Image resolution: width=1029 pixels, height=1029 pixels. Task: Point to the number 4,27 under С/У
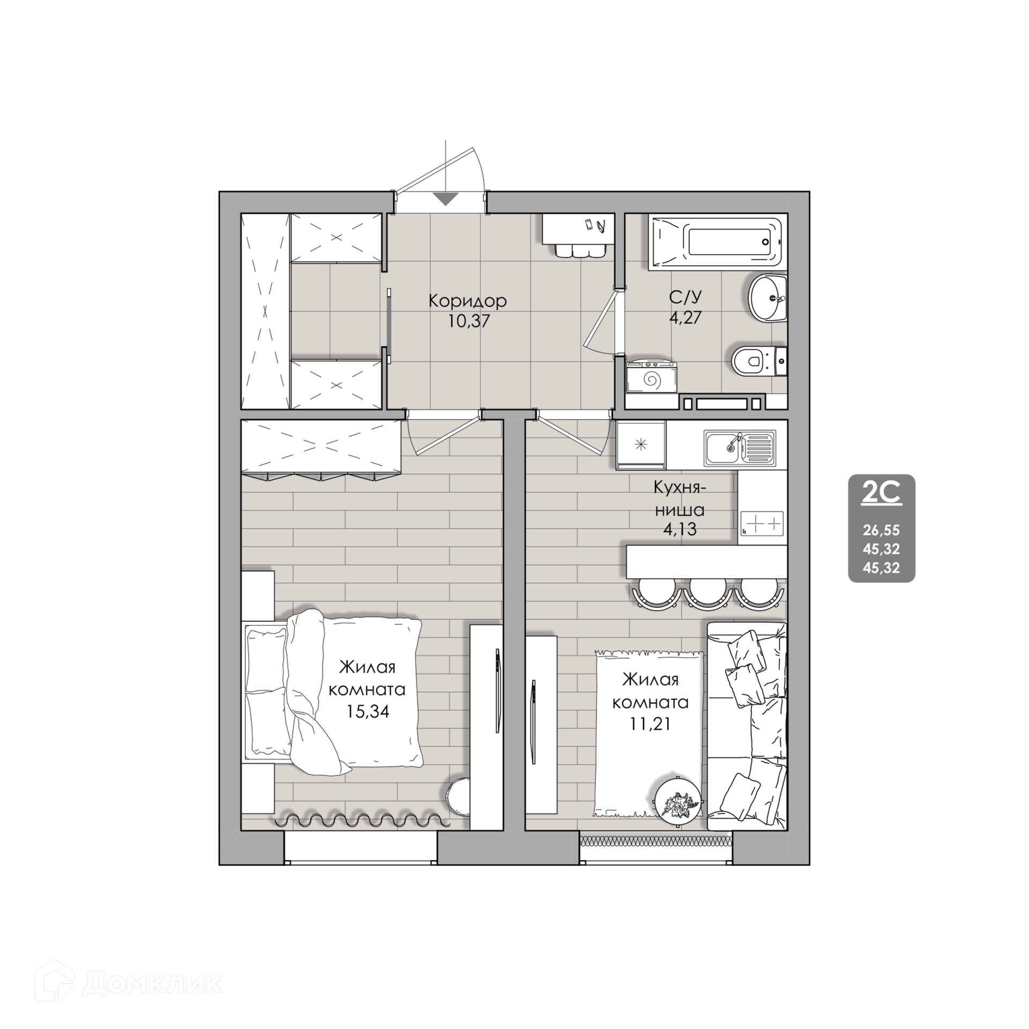coord(685,317)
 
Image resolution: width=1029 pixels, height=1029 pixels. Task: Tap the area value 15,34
coord(367,711)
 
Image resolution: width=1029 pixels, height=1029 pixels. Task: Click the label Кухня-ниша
coord(680,498)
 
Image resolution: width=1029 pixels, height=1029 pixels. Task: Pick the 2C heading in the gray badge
coord(881,494)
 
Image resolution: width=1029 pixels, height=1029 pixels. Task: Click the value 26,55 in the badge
coord(881,531)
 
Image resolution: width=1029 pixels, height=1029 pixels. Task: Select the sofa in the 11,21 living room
coord(747,726)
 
